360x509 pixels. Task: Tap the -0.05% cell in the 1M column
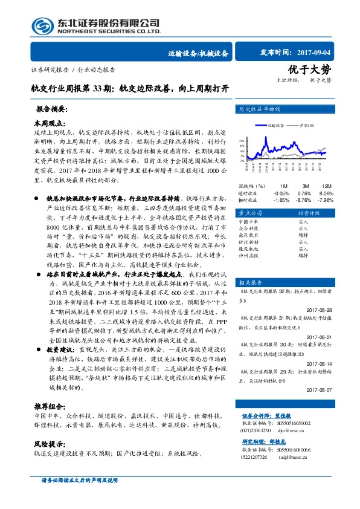[x=281, y=192]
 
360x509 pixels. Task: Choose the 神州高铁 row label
[x=248, y=256]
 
